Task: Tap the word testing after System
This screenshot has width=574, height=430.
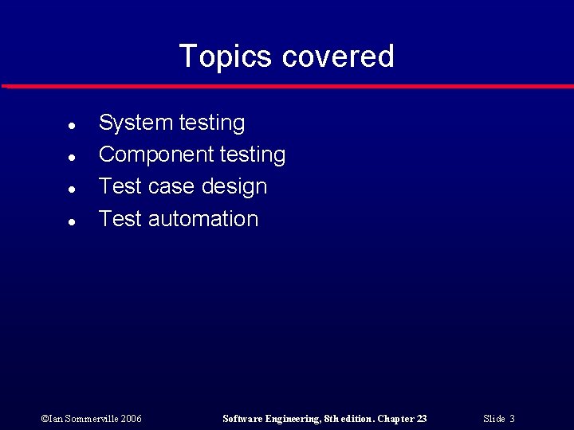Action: [x=212, y=123]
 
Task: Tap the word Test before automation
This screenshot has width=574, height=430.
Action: [x=120, y=219]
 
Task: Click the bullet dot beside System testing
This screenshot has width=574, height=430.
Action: [x=71, y=126]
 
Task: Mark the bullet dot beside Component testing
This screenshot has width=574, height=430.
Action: [x=71, y=158]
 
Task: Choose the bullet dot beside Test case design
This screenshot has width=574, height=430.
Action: [x=71, y=190]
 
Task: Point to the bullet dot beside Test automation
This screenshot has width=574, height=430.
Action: [x=71, y=222]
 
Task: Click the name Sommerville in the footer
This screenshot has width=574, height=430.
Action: [x=90, y=419]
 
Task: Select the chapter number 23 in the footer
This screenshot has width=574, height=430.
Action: [x=422, y=419]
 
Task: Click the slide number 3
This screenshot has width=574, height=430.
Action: [x=512, y=419]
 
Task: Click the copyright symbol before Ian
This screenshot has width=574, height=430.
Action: [x=43, y=419]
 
